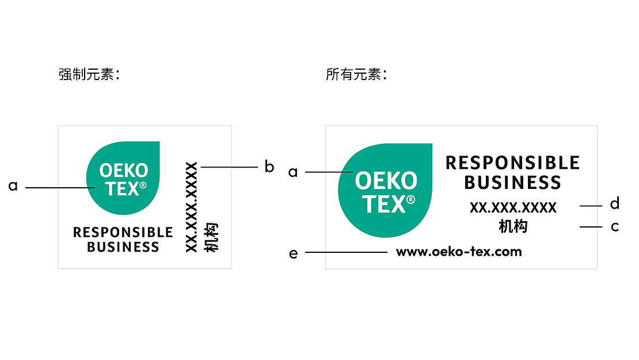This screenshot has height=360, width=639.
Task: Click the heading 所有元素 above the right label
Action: coord(356,75)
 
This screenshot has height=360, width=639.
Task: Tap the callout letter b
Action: coord(269,167)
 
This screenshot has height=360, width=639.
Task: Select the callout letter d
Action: coord(615,204)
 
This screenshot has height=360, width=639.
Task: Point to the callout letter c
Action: coord(615,227)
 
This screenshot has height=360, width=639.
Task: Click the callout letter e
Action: coord(294,253)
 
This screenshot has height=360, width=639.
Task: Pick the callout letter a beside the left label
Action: coord(13,187)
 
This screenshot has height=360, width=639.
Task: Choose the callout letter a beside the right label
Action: coord(293,172)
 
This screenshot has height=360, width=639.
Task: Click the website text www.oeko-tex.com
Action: coord(459,252)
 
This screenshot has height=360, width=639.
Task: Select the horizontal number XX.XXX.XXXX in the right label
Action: coord(513,208)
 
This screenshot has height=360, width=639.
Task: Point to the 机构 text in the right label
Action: coord(513,227)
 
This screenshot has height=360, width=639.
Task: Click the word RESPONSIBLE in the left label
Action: coord(123,233)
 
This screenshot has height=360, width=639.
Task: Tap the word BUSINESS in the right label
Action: coord(512,183)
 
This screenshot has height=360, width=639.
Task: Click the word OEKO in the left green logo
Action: coord(123,170)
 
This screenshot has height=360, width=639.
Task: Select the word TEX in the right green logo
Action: coord(383,204)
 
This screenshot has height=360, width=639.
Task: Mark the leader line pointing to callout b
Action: coord(229,167)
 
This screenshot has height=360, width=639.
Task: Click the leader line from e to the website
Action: coord(345,252)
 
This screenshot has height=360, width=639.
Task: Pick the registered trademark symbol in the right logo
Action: coord(410,199)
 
